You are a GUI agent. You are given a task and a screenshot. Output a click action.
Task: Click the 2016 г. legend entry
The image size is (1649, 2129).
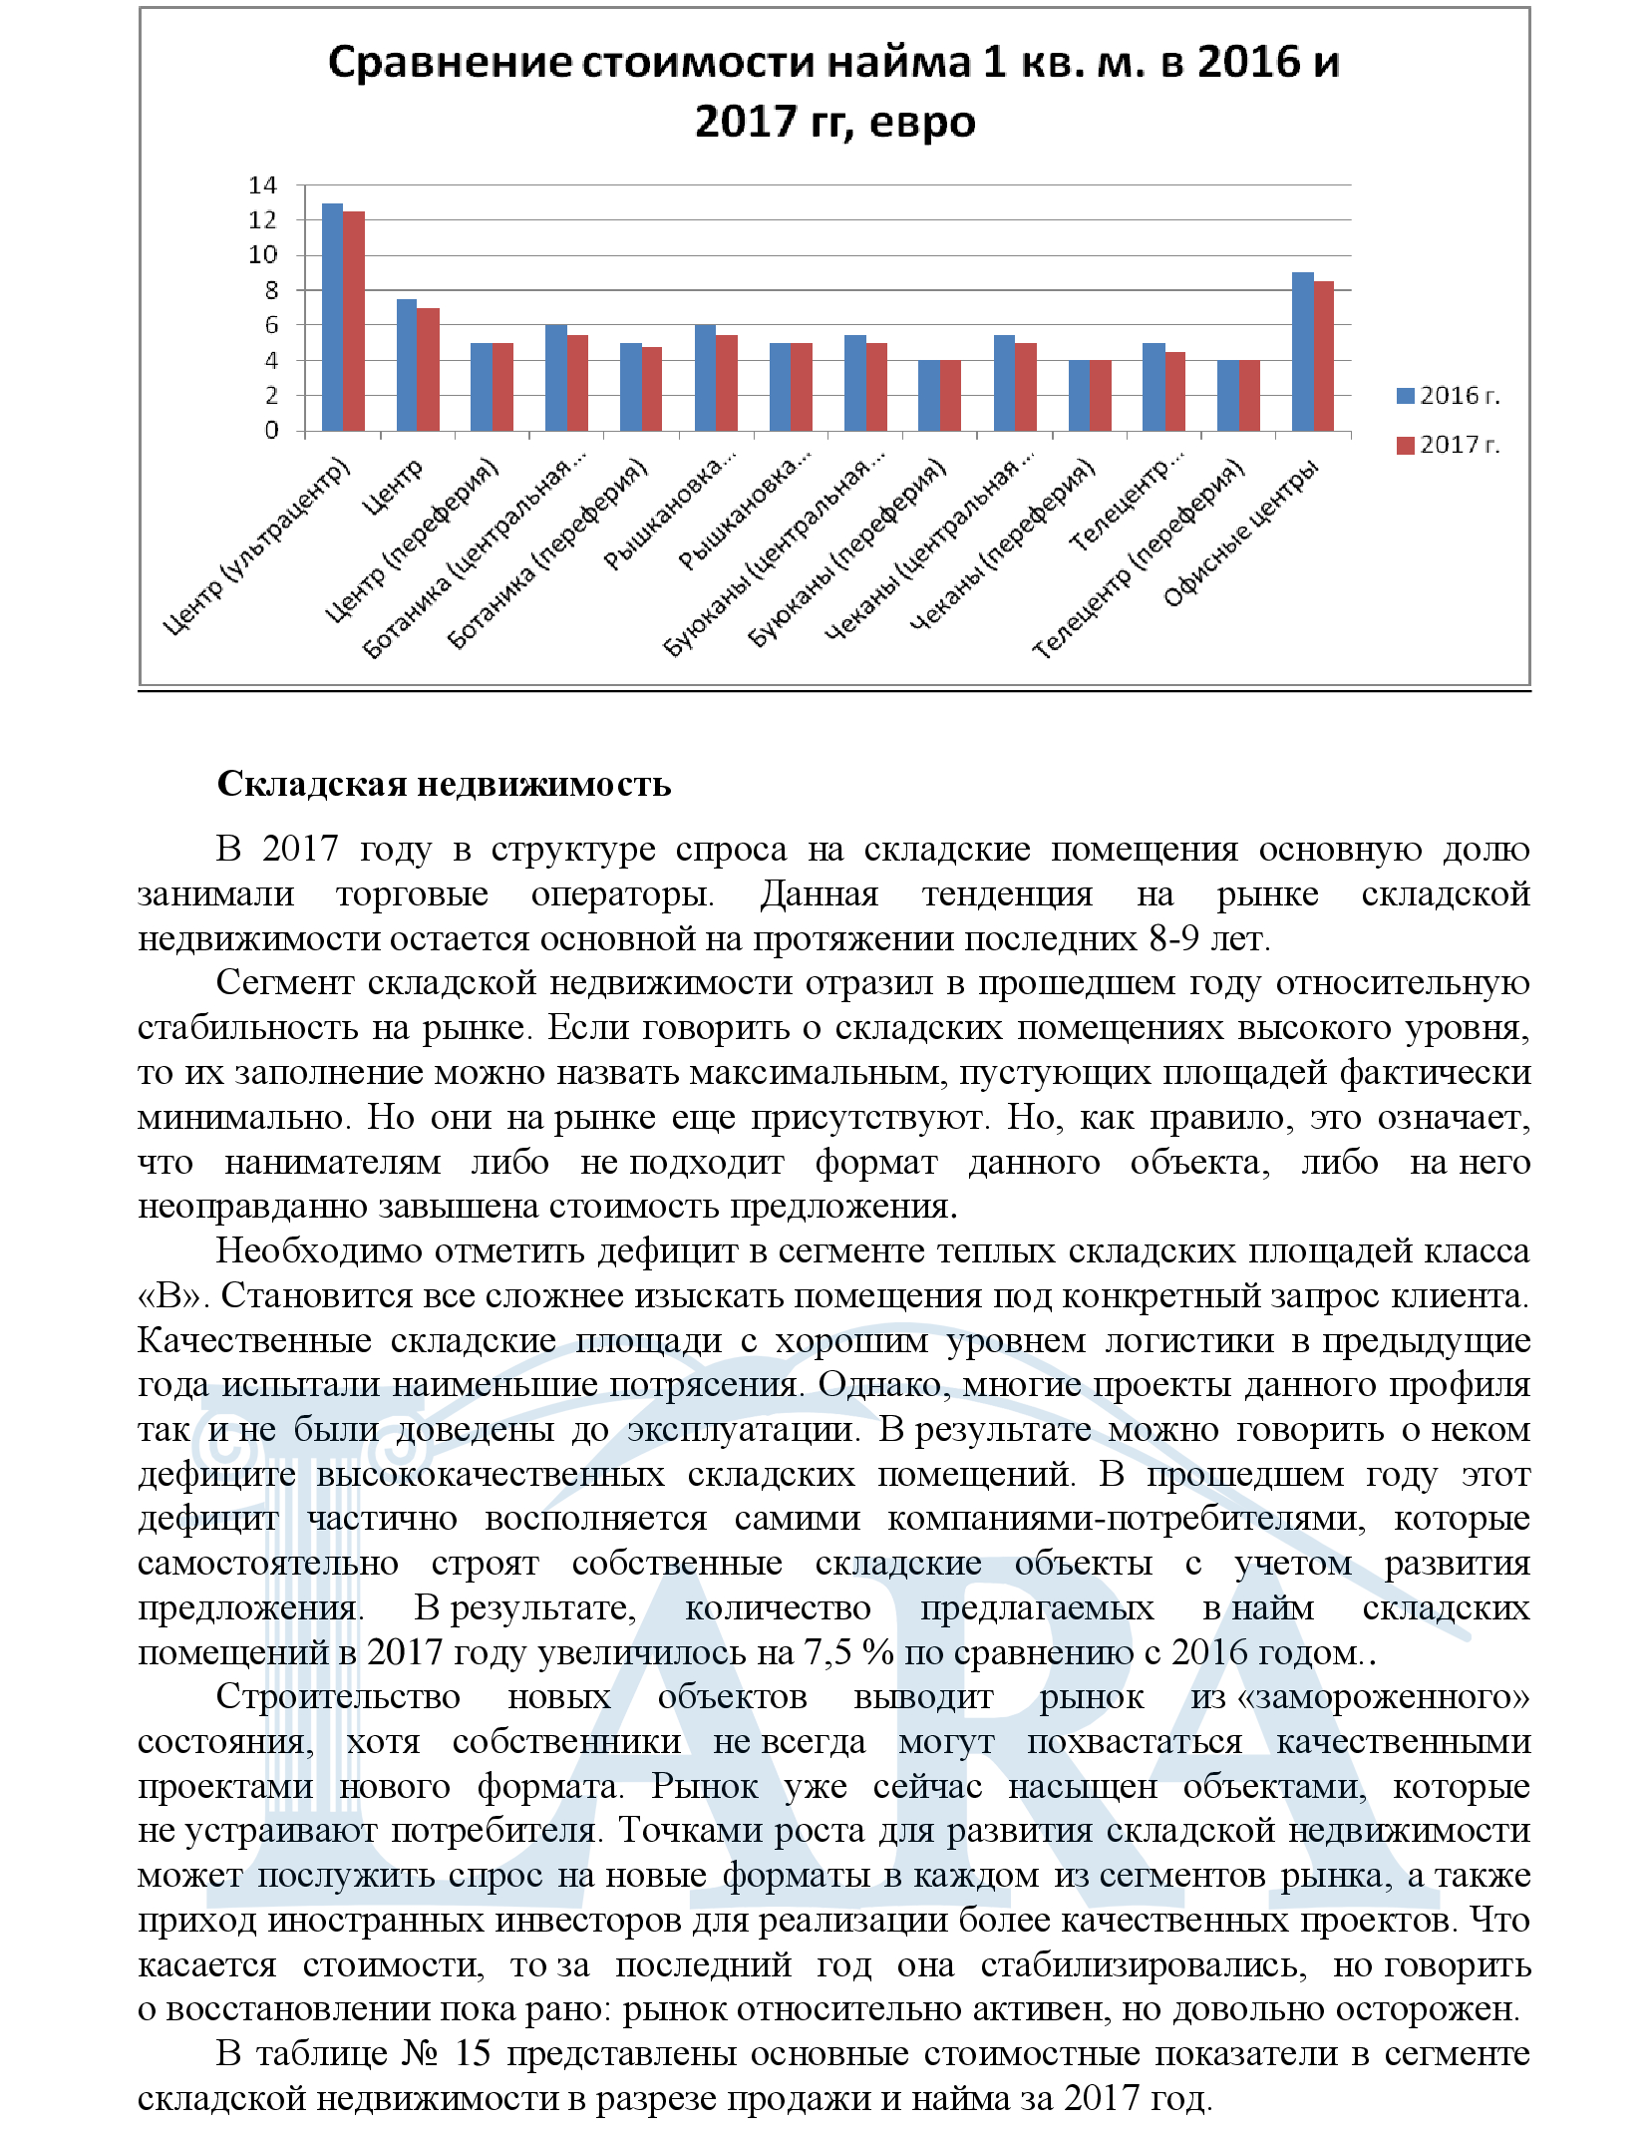pyautogui.click(x=1448, y=396)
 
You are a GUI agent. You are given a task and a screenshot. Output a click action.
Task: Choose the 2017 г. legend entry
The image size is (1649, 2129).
pyautogui.click(x=1448, y=445)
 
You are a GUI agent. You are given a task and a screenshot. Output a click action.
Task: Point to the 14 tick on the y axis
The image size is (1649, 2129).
pyautogui.click(x=262, y=185)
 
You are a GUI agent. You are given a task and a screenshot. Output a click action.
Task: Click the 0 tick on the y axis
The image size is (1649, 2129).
pyautogui.click(x=270, y=431)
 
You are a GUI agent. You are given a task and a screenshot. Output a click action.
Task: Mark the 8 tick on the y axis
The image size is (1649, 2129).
pyautogui.click(x=270, y=290)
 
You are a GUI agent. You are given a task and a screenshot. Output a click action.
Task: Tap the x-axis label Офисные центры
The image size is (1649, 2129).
pyautogui.click(x=1241, y=533)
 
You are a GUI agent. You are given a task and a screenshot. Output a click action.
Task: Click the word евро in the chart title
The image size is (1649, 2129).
pyautogui.click(x=922, y=123)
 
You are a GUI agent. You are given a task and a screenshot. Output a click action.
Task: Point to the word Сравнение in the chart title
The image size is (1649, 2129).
pyautogui.click(x=450, y=63)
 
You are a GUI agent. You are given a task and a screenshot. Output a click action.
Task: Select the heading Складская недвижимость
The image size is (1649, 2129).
pyautogui.click(x=444, y=784)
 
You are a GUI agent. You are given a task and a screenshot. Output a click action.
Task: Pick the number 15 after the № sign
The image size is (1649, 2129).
pyautogui.click(x=474, y=2053)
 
